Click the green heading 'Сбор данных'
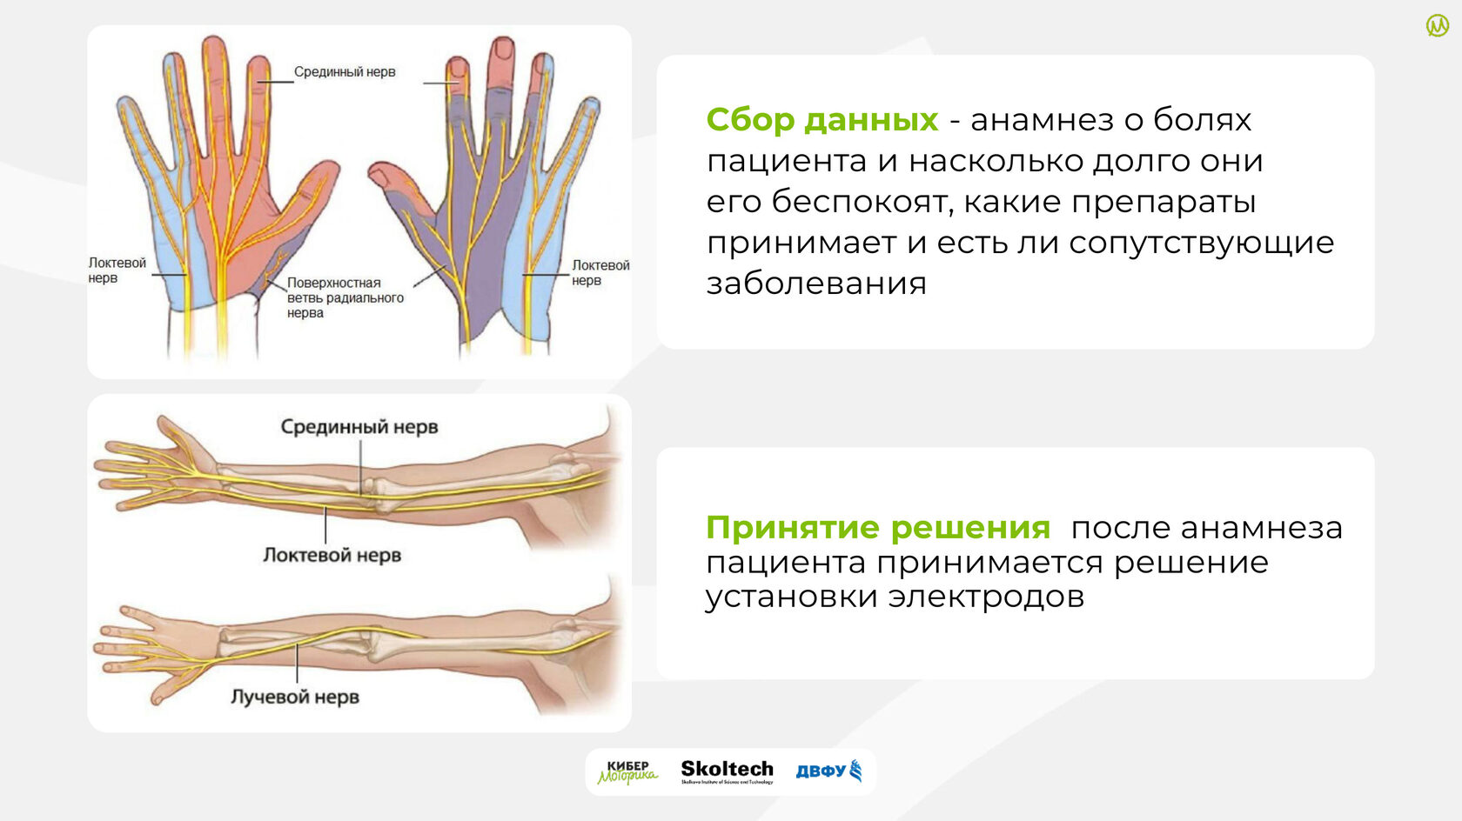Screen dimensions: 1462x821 (x=822, y=121)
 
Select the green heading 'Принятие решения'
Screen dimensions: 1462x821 (x=878, y=528)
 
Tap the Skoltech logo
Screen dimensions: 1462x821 (x=728, y=771)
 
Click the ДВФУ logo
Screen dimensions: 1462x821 (x=828, y=771)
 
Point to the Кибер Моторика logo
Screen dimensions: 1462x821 (x=628, y=772)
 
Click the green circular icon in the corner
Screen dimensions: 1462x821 (x=1438, y=26)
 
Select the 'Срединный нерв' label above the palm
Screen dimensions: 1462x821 (x=345, y=71)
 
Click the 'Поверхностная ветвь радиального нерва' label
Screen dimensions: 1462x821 (x=345, y=297)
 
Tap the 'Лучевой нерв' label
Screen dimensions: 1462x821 (x=295, y=698)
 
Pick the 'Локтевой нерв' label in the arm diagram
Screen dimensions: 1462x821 (x=332, y=555)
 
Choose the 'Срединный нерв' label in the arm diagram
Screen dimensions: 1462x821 (x=359, y=427)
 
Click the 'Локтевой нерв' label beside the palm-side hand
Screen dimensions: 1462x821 (x=117, y=270)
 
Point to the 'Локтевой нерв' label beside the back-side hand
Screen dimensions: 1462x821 (x=600, y=272)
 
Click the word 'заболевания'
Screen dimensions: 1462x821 (x=816, y=284)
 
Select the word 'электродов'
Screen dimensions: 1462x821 (x=986, y=597)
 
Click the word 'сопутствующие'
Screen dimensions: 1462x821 (x=1202, y=244)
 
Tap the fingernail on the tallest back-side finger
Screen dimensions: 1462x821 (x=503, y=48)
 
